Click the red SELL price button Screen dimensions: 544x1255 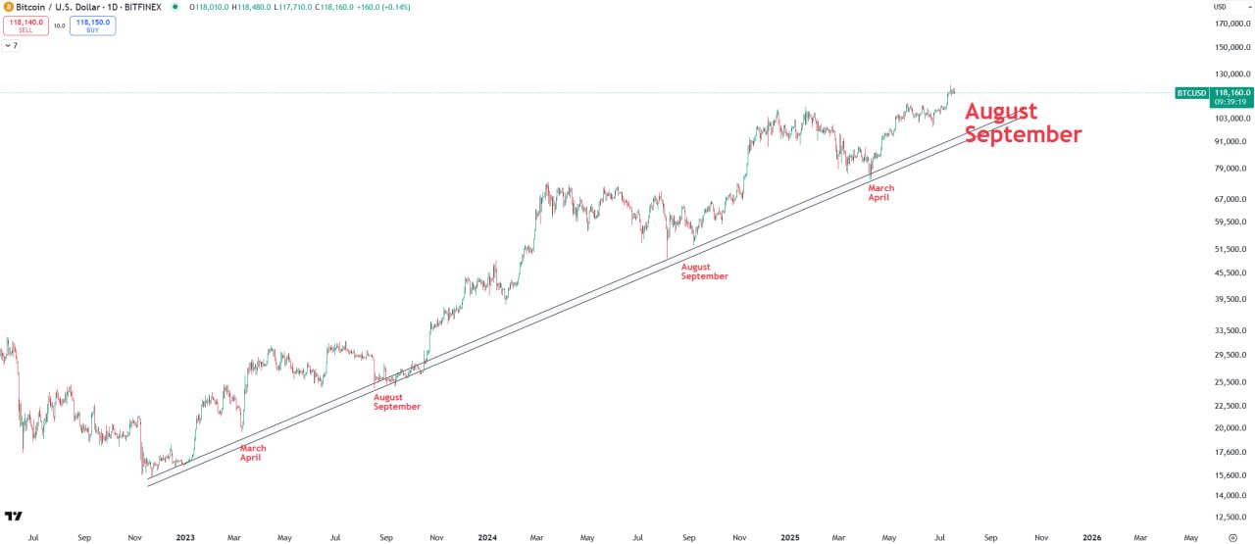click(x=25, y=25)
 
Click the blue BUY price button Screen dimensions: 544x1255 click(x=92, y=25)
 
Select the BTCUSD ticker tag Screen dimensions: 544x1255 click(x=1190, y=93)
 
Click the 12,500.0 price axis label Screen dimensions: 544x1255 click(x=1230, y=517)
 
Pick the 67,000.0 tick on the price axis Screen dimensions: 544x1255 click(x=1230, y=199)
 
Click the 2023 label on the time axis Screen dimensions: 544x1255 click(x=184, y=537)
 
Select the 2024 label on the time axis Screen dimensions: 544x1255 click(x=486, y=537)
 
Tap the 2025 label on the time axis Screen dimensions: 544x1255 click(x=789, y=537)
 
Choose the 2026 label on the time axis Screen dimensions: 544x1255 click(x=1090, y=537)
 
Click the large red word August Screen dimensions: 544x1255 click(x=1000, y=111)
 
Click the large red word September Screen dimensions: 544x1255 click(x=1023, y=134)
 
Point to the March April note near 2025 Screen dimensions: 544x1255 click(x=880, y=192)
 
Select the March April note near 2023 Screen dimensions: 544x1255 click(x=253, y=453)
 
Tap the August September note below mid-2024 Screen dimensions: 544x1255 click(x=704, y=272)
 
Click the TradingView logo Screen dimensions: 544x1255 click(x=14, y=516)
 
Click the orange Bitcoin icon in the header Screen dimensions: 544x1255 click(x=8, y=7)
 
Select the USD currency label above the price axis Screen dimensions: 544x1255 click(x=1220, y=7)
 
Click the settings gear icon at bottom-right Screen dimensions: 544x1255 click(x=1232, y=537)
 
